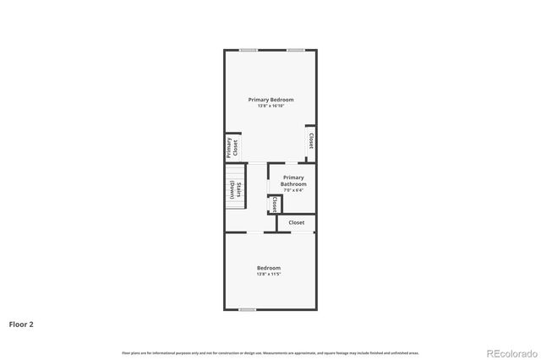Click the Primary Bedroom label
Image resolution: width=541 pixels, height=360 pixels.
pos(270,100)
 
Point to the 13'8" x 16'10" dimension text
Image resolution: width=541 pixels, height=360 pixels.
pos(270,106)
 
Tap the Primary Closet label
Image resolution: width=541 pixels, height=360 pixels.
pos(230,148)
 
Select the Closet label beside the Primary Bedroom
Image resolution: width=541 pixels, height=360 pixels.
pos(311,140)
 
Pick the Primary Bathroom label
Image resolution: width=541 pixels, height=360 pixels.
pos(293,181)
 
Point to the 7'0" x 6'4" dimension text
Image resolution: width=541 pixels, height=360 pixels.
pos(293,190)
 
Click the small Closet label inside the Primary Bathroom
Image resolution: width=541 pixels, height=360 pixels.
pos(275,205)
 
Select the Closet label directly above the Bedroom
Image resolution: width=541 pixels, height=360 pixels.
pos(297,222)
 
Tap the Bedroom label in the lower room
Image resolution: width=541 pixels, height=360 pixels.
pos(269,268)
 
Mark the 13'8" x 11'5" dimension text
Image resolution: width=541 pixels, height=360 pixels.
pos(269,274)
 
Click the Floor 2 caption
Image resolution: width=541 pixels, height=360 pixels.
pos(21,324)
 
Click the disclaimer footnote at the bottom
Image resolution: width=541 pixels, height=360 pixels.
pos(270,352)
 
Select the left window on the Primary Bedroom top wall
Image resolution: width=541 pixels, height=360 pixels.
pos(248,50)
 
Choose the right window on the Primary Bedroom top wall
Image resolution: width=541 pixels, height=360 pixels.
pos(295,50)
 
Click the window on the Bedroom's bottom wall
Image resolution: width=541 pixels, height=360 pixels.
pos(247,309)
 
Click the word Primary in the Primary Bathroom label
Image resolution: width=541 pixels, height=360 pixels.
pos(293,177)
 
